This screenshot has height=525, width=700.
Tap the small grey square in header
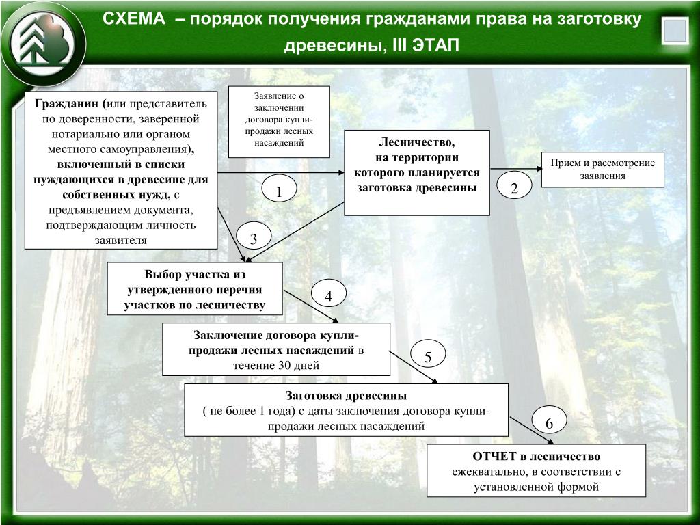(x=675, y=31)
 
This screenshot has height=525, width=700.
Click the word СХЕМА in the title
(x=134, y=19)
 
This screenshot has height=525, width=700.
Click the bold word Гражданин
(x=67, y=104)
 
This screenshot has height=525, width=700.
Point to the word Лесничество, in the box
(x=416, y=142)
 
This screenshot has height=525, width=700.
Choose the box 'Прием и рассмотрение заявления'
(x=603, y=170)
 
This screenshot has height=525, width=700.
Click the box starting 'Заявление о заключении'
(x=279, y=122)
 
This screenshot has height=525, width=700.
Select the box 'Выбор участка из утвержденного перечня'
(x=195, y=288)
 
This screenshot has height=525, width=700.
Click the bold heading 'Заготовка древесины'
(x=346, y=396)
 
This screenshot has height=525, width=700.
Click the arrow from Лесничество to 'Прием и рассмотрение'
(x=516, y=170)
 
